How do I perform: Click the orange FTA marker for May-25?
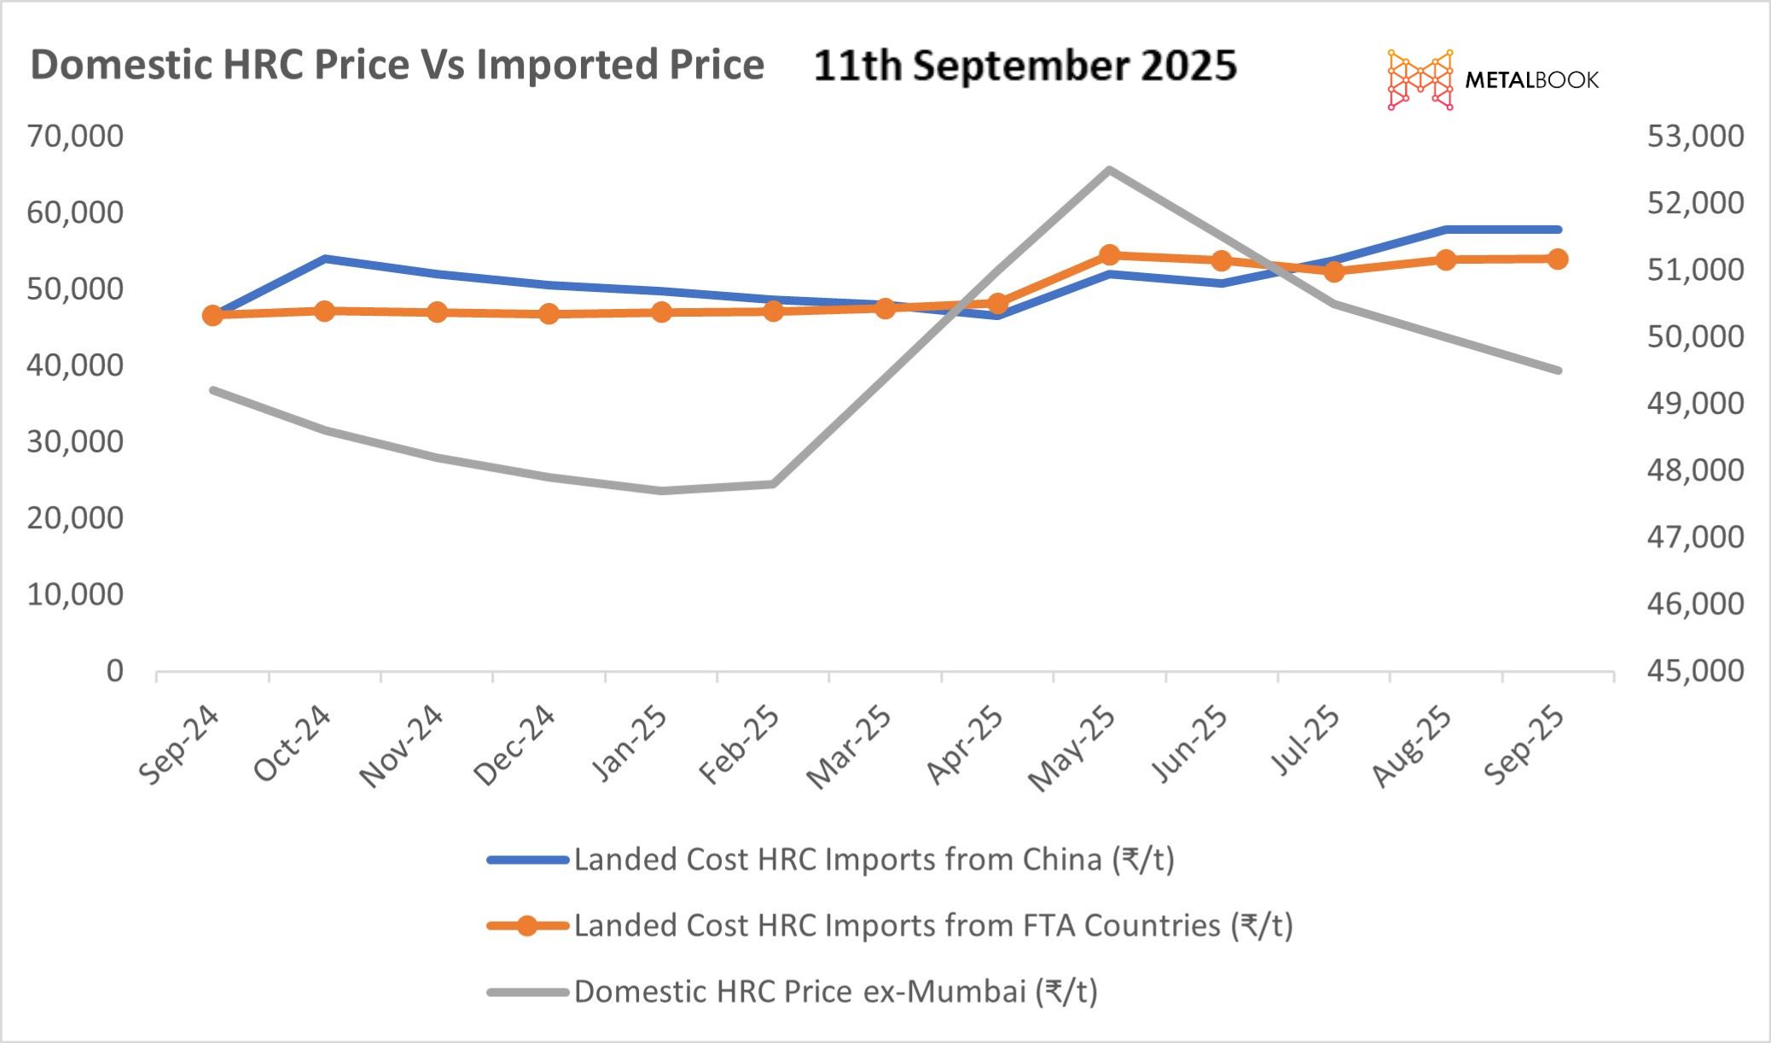pos(1109,255)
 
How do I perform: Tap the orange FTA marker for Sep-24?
pos(212,316)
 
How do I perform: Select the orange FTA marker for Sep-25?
pos(1558,259)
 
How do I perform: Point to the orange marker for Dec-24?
pos(549,313)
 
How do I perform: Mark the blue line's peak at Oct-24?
pos(325,258)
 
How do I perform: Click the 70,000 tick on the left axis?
pos(75,136)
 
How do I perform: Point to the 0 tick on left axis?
pos(114,671)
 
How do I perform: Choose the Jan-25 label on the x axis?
pos(630,744)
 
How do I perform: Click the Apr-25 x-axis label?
pos(965,744)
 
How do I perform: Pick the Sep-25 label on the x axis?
pos(1524,744)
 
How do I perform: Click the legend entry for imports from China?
pos(874,859)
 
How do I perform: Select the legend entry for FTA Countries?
pos(933,925)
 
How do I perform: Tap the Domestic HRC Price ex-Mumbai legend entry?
pos(835,992)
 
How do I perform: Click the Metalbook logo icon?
pos(1420,79)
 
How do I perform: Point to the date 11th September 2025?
pos(1025,66)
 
